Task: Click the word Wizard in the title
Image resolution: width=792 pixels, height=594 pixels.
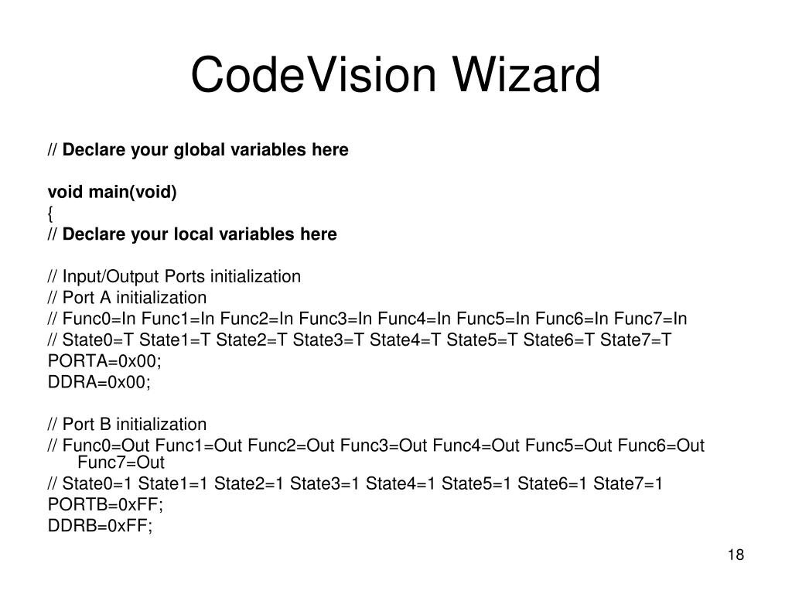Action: tap(527, 77)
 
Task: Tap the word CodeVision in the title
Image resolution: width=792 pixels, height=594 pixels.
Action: tap(314, 77)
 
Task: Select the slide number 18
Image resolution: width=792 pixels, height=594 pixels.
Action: tap(735, 555)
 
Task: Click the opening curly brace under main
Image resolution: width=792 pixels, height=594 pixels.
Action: tap(51, 213)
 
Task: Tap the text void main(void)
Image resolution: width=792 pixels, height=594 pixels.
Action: tap(112, 192)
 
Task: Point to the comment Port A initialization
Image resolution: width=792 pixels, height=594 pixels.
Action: tap(135, 298)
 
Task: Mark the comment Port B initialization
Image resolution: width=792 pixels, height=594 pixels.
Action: tap(135, 425)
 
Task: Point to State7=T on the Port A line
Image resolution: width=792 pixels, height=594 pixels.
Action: tap(637, 340)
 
